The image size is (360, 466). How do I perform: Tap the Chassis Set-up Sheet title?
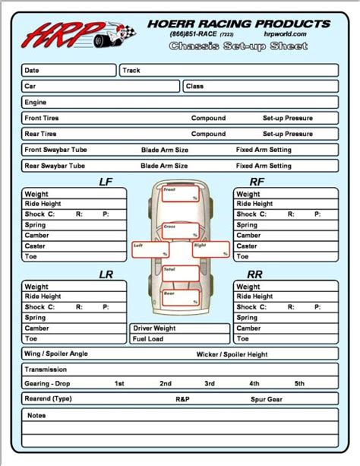pyautogui.click(x=238, y=46)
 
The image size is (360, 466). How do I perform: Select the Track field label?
pyautogui.click(x=131, y=70)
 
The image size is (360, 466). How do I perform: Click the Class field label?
pyautogui.click(x=195, y=87)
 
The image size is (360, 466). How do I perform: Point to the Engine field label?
pyautogui.click(x=36, y=103)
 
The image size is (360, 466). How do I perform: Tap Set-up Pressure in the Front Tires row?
pyautogui.click(x=288, y=119)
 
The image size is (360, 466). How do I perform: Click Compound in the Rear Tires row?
pyautogui.click(x=208, y=135)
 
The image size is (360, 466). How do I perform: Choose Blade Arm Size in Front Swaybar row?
pyautogui.click(x=165, y=151)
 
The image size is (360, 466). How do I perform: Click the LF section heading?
pyautogui.click(x=106, y=182)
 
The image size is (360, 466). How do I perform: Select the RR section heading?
pyautogui.click(x=255, y=274)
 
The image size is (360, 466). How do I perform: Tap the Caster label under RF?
pyautogui.click(x=247, y=246)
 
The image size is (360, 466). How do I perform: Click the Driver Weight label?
pyautogui.click(x=155, y=328)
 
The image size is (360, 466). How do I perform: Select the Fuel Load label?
pyautogui.click(x=149, y=339)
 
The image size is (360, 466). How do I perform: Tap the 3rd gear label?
pyautogui.click(x=210, y=383)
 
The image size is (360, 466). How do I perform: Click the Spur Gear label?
pyautogui.click(x=267, y=399)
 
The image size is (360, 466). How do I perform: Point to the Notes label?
pyautogui.click(x=36, y=416)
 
